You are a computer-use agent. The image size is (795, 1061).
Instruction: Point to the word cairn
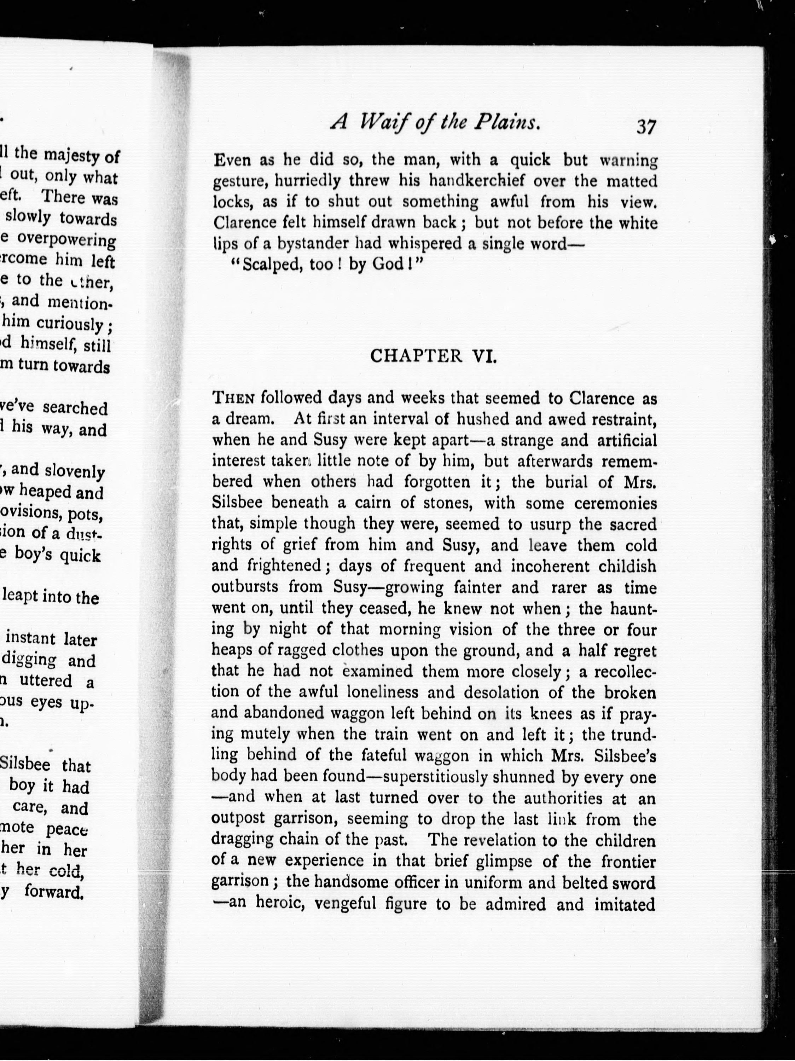click(331, 503)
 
